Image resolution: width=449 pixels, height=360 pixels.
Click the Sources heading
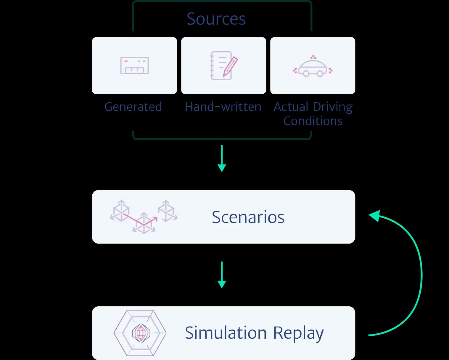216,19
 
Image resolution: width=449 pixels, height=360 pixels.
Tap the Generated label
133,107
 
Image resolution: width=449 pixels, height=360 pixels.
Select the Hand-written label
223,107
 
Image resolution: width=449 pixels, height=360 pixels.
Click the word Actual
291,107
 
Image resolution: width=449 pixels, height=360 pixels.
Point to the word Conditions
313,121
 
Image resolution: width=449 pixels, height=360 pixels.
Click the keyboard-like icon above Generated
134,65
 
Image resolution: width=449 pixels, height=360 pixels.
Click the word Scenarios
248,217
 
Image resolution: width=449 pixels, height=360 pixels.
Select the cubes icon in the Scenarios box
144,217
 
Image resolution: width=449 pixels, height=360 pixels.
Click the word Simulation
226,333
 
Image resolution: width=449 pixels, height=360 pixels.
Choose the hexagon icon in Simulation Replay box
140,333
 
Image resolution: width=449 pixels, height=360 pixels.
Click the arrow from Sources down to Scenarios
222,159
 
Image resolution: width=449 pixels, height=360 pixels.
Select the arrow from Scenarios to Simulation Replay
222,275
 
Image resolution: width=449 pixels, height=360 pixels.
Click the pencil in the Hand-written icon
230,67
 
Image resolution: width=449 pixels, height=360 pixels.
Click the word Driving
333,107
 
